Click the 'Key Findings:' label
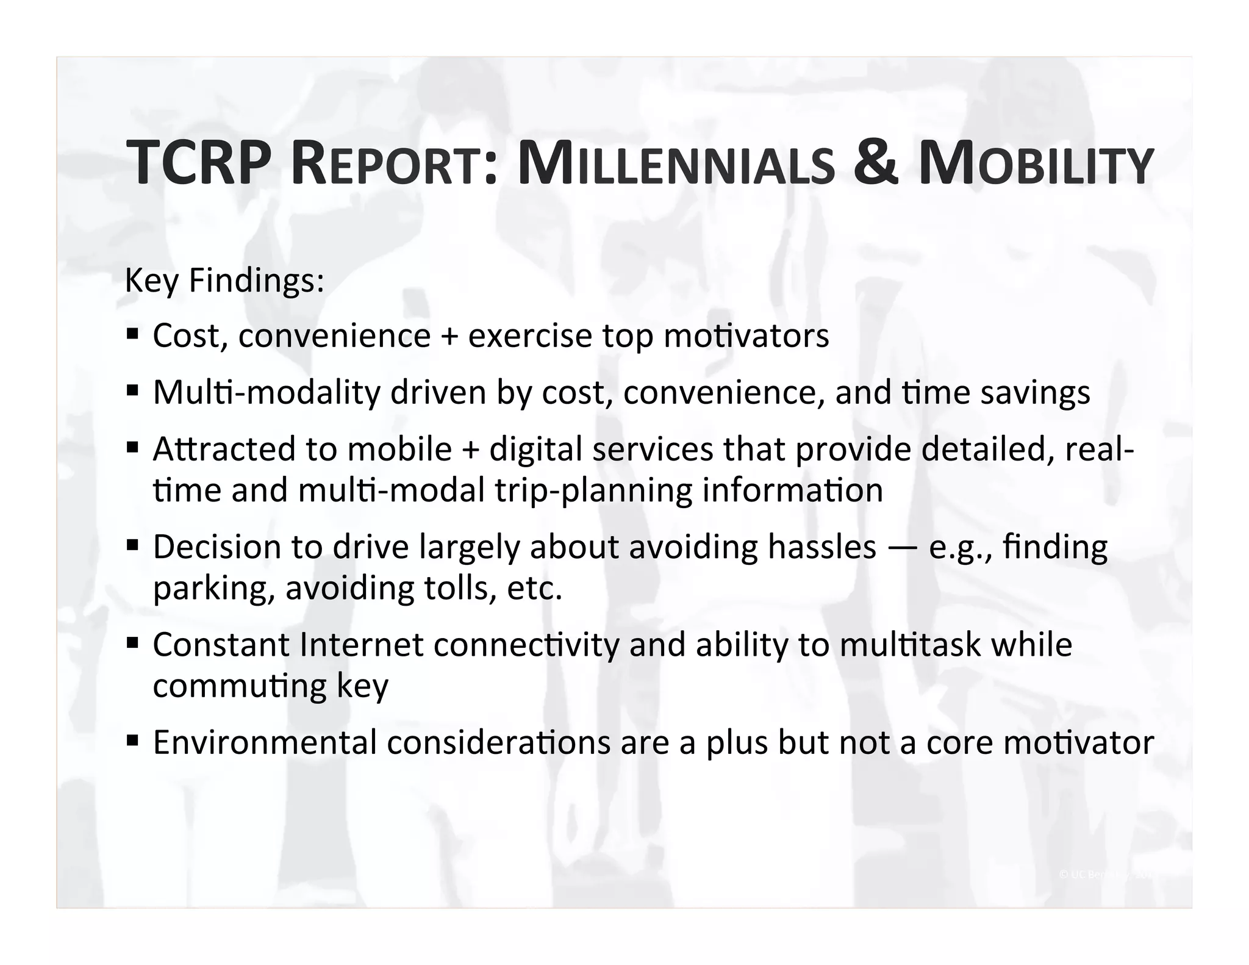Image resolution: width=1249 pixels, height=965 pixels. tap(224, 281)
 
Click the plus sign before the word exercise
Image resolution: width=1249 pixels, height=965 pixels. tap(449, 337)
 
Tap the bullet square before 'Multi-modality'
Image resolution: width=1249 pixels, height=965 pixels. tap(132, 390)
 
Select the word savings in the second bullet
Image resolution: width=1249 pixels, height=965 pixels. tap(1035, 392)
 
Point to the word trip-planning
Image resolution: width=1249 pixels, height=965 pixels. tap(593, 490)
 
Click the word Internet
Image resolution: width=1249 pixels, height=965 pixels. tap(361, 645)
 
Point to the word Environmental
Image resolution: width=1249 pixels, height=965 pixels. tap(265, 742)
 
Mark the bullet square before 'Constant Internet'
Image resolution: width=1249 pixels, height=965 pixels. tap(132, 642)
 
